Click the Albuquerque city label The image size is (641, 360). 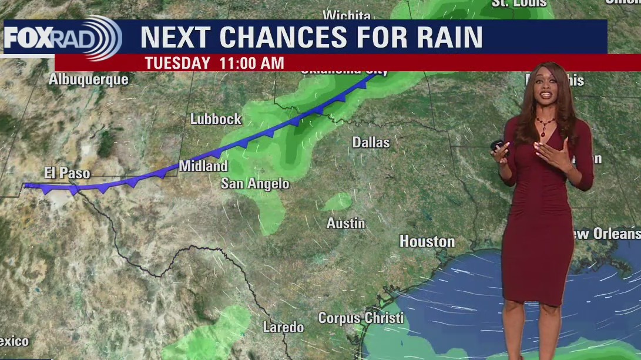88,79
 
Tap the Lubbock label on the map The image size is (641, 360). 216,119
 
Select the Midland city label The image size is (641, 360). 203,166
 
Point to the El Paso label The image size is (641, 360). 67,173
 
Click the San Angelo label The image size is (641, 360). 255,184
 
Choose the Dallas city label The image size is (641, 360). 371,142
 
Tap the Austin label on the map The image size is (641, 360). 346,224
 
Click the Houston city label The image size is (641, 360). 427,241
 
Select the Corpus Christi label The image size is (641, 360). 361,318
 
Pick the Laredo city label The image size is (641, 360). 283,327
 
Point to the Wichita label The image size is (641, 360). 347,15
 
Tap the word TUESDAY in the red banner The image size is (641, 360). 177,63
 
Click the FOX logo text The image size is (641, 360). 28,38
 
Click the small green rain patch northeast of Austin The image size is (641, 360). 337,203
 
